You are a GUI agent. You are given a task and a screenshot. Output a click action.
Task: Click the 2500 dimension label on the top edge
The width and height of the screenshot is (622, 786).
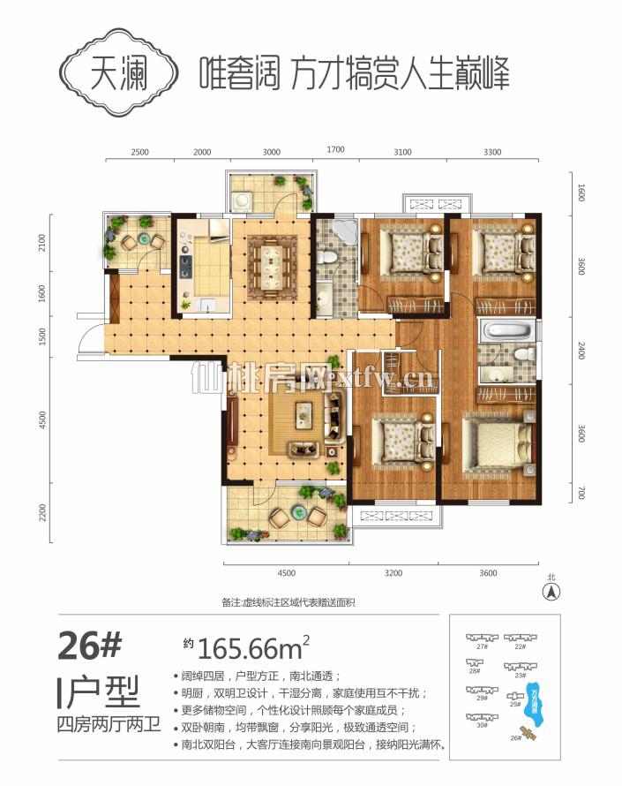coord(139,152)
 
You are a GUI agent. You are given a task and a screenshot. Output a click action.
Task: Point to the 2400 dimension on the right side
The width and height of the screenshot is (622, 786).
coord(581,351)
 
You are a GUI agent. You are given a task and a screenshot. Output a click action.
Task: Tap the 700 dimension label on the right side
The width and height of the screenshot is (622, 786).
coord(581,490)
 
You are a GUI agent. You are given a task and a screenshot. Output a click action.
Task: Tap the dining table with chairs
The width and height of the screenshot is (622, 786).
coord(272,261)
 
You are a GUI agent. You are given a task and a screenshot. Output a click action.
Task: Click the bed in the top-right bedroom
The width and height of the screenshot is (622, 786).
coord(497,250)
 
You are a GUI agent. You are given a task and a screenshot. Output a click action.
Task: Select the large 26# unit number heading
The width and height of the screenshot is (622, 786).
coord(88,647)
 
